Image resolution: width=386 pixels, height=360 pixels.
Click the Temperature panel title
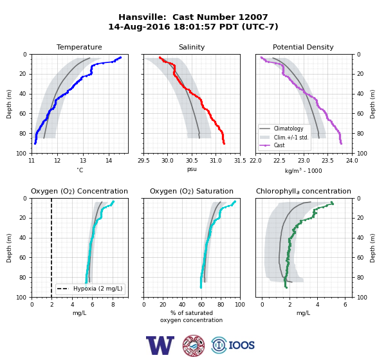click(x=79, y=47)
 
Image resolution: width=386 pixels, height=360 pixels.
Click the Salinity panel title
click(x=192, y=47)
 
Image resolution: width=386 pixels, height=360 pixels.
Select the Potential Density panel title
click(x=303, y=47)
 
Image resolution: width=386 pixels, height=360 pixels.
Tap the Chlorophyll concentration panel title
click(x=304, y=191)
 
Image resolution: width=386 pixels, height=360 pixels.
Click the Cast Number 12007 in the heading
click(x=220, y=17)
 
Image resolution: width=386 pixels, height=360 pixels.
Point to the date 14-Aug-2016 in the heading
click(x=139, y=26)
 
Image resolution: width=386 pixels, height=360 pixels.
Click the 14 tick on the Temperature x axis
click(x=109, y=161)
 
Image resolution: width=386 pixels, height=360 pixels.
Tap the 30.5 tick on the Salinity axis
click(x=192, y=161)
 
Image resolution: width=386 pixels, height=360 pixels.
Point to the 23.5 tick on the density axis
click(x=327, y=161)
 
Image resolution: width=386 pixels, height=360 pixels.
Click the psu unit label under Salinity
click(x=192, y=170)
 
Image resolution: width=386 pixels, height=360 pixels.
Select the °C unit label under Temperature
click(x=80, y=170)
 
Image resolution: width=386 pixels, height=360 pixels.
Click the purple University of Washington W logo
click(x=160, y=345)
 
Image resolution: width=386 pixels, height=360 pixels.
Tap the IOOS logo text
click(x=241, y=345)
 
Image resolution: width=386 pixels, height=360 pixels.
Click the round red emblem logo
click(x=194, y=345)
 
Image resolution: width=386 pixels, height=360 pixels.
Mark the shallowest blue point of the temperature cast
click(x=120, y=58)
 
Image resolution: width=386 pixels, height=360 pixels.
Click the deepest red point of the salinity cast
click(x=224, y=143)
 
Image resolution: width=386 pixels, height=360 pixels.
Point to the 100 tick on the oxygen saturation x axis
click(x=240, y=305)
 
